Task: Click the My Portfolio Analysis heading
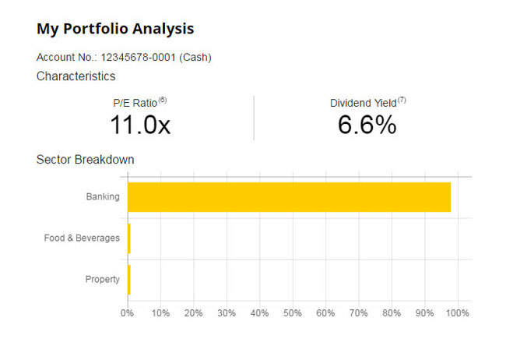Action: (x=115, y=29)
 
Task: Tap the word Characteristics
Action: (x=76, y=76)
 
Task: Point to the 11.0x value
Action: (x=140, y=124)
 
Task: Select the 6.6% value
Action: (x=367, y=124)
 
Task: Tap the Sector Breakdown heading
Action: (x=85, y=160)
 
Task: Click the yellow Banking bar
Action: (x=288, y=197)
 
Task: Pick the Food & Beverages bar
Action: (x=129, y=238)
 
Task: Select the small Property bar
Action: (x=129, y=279)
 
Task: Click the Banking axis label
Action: (x=103, y=197)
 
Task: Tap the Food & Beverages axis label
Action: (x=82, y=238)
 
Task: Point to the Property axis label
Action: (x=102, y=279)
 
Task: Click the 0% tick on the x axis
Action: (x=128, y=313)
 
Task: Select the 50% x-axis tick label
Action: (x=293, y=313)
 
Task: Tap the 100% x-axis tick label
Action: (x=458, y=313)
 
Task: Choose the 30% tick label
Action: (x=227, y=313)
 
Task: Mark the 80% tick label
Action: (x=392, y=313)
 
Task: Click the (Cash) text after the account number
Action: (x=196, y=58)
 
